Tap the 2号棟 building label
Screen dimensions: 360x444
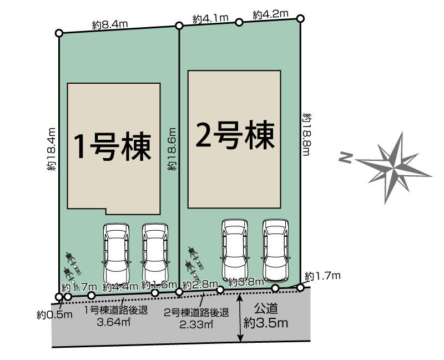pos(235,135)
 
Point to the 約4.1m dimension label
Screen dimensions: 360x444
pos(211,18)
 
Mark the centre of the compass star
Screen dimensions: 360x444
pos(396,164)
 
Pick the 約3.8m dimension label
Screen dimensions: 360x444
pos(245,281)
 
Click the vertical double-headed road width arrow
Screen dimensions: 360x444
pos(240,318)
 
